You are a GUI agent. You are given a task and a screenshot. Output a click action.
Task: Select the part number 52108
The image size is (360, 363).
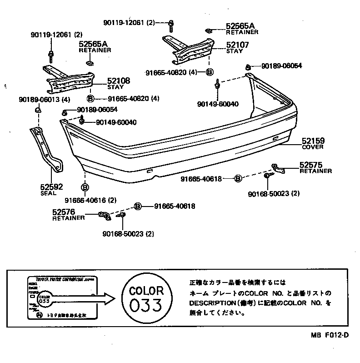pos(119,81)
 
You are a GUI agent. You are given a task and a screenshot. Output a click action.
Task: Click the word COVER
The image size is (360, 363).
pos(312,147)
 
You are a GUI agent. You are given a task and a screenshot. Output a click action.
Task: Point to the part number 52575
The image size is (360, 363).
pos(310,165)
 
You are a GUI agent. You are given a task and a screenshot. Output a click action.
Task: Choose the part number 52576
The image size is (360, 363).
pos(64,212)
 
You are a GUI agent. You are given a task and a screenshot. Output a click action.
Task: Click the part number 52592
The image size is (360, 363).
pos(51,187)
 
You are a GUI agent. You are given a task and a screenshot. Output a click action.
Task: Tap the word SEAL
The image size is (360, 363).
pos(49,193)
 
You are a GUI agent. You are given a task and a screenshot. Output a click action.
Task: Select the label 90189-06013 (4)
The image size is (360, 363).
pos(45,100)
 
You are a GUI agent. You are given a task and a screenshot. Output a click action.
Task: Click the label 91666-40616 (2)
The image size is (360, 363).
pos(90,200)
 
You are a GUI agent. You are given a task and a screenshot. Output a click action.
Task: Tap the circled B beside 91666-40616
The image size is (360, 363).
pos(85,187)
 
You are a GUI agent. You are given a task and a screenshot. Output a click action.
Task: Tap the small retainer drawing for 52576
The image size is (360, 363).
pos(105,217)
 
